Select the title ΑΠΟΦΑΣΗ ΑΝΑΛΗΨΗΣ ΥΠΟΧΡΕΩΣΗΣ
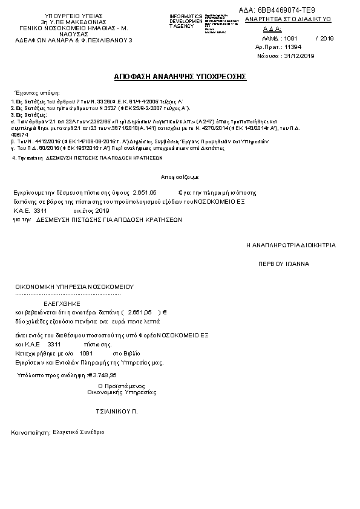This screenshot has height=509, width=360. point(180,77)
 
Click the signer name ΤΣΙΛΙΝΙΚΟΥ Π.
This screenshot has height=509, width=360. point(117,410)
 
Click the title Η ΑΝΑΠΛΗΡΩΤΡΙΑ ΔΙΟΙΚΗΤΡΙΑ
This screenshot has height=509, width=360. point(290,245)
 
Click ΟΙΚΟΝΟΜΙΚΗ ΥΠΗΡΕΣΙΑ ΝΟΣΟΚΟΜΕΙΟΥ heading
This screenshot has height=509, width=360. point(74,286)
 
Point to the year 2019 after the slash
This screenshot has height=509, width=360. point(327,38)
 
